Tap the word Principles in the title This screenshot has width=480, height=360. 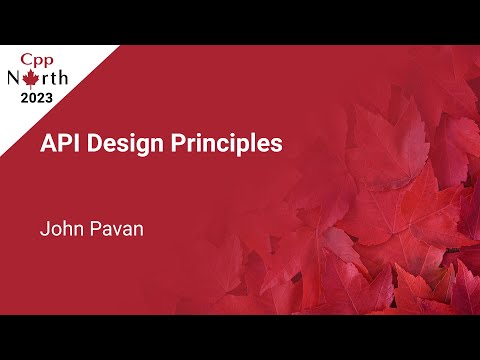pos(228,144)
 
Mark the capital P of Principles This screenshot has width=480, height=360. pos(183,143)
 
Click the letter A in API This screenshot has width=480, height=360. pos(47,143)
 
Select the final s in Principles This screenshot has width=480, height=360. pos(277,144)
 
